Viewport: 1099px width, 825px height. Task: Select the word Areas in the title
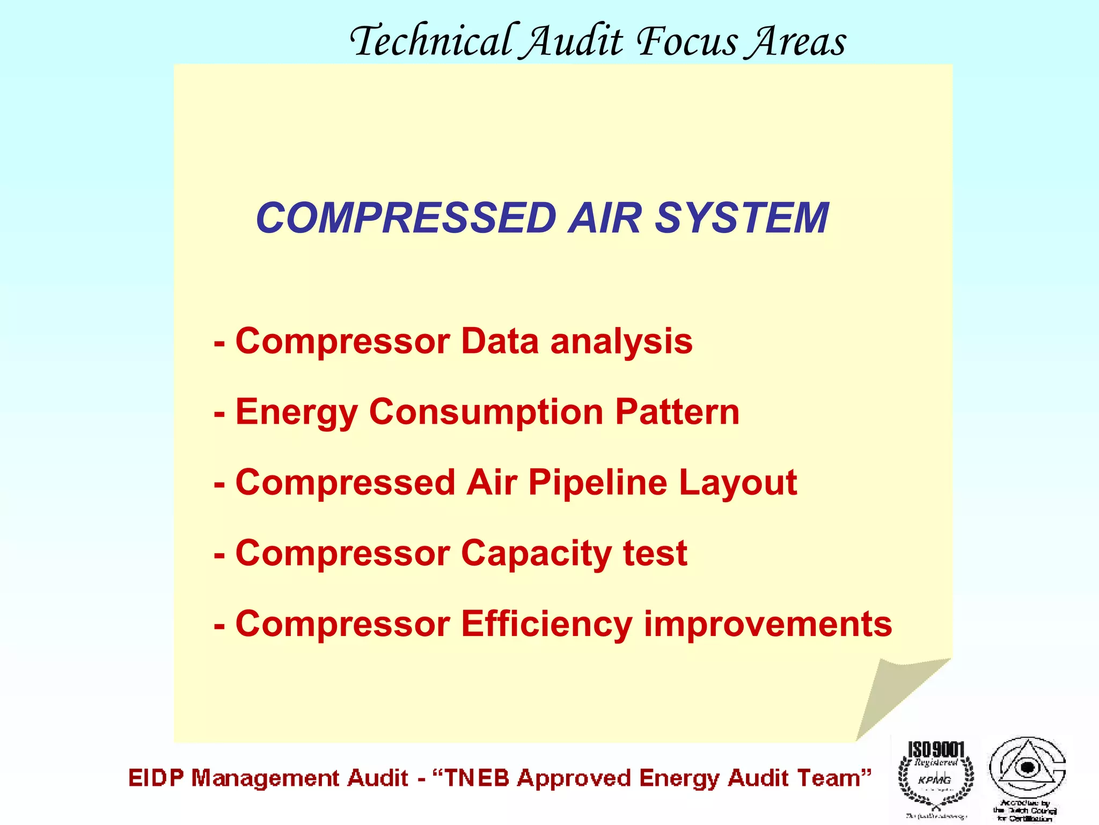click(798, 41)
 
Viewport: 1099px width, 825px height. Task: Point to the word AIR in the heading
click(605, 218)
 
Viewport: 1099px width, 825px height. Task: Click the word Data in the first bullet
click(500, 341)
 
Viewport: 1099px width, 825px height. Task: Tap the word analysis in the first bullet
click(621, 342)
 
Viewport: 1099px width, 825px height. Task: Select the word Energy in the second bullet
click(296, 413)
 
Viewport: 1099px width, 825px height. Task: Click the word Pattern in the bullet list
click(677, 412)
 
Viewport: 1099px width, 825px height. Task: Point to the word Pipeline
click(598, 483)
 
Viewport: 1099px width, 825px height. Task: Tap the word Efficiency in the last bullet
click(546, 624)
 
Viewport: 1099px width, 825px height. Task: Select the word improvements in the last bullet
click(768, 625)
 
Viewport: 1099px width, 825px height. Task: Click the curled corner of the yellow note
click(893, 693)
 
